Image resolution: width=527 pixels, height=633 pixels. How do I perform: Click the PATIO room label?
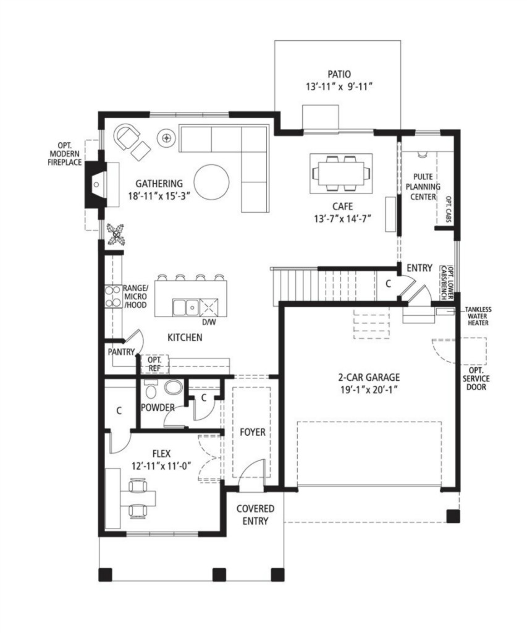pyautogui.click(x=339, y=74)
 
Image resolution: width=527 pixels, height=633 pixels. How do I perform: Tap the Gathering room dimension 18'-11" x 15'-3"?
pyautogui.click(x=159, y=196)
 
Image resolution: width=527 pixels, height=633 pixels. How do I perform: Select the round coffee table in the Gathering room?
pyautogui.click(x=211, y=182)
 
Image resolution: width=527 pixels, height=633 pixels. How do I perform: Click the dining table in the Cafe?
pyautogui.click(x=340, y=174)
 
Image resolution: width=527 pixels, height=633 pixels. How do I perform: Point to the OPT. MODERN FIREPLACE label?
pyautogui.click(x=65, y=154)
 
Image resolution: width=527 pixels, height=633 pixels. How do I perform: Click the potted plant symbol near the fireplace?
pyautogui.click(x=116, y=234)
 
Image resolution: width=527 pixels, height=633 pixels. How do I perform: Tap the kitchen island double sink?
pyautogui.click(x=185, y=308)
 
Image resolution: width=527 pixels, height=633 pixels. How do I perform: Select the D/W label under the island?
pyautogui.click(x=209, y=322)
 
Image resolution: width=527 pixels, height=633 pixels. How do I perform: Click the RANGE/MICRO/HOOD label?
pyautogui.click(x=135, y=296)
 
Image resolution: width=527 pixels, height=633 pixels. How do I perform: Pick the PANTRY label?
pyautogui.click(x=121, y=352)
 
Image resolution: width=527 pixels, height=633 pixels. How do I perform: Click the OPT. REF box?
pyautogui.click(x=154, y=363)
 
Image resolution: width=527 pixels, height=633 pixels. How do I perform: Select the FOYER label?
pyautogui.click(x=253, y=432)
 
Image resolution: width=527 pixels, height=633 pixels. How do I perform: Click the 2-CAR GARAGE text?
pyautogui.click(x=369, y=378)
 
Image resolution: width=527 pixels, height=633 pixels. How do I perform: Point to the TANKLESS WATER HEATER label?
pyautogui.click(x=478, y=316)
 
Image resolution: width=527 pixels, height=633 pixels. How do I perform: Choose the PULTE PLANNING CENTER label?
pyautogui.click(x=423, y=187)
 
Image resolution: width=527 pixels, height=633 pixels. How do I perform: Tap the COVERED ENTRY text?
pyautogui.click(x=255, y=515)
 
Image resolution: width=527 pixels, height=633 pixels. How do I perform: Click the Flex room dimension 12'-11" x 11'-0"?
pyautogui.click(x=161, y=465)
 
